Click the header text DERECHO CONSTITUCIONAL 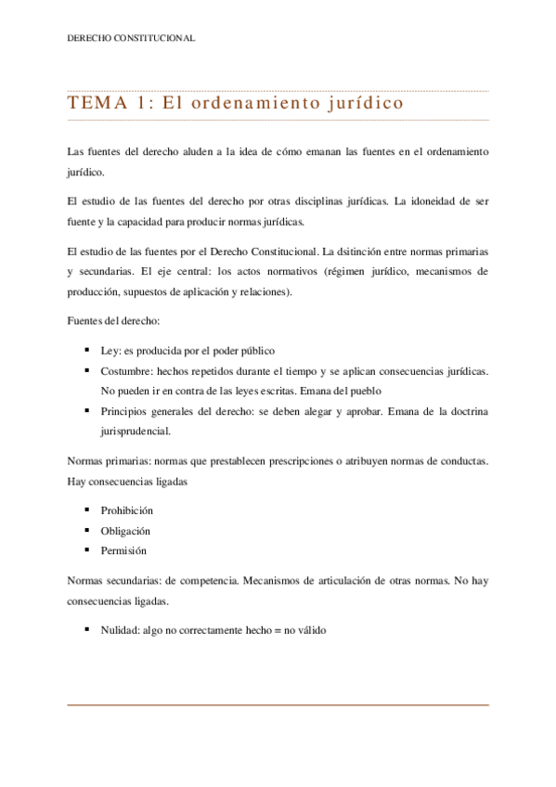[131, 38]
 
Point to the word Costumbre [126, 371]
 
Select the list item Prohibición [126, 510]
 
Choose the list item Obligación [125, 531]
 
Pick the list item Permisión [123, 550]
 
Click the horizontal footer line [278, 705]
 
